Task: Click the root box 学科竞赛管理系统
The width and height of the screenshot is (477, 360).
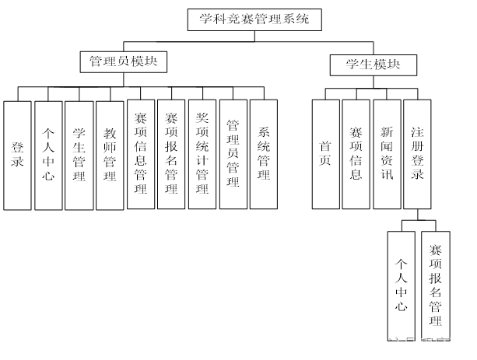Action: (x=254, y=19)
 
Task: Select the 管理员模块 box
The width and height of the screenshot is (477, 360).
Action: (x=124, y=61)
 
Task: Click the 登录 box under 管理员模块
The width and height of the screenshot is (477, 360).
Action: (x=17, y=155)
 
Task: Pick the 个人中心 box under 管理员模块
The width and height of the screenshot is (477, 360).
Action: (x=47, y=155)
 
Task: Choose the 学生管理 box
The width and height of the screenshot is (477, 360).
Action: (x=79, y=155)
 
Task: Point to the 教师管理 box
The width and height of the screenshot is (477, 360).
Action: (x=110, y=155)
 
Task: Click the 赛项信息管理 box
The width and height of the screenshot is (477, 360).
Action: (x=140, y=155)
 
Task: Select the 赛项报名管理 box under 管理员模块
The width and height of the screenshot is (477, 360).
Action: (x=171, y=155)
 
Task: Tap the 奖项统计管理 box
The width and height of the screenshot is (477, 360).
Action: (x=202, y=155)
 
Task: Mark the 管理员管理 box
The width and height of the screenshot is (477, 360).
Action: (x=233, y=155)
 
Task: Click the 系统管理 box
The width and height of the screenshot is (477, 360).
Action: (x=263, y=155)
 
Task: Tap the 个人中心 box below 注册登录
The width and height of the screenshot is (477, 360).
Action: (x=402, y=285)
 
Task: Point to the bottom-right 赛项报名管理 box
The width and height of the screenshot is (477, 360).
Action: (x=436, y=285)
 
